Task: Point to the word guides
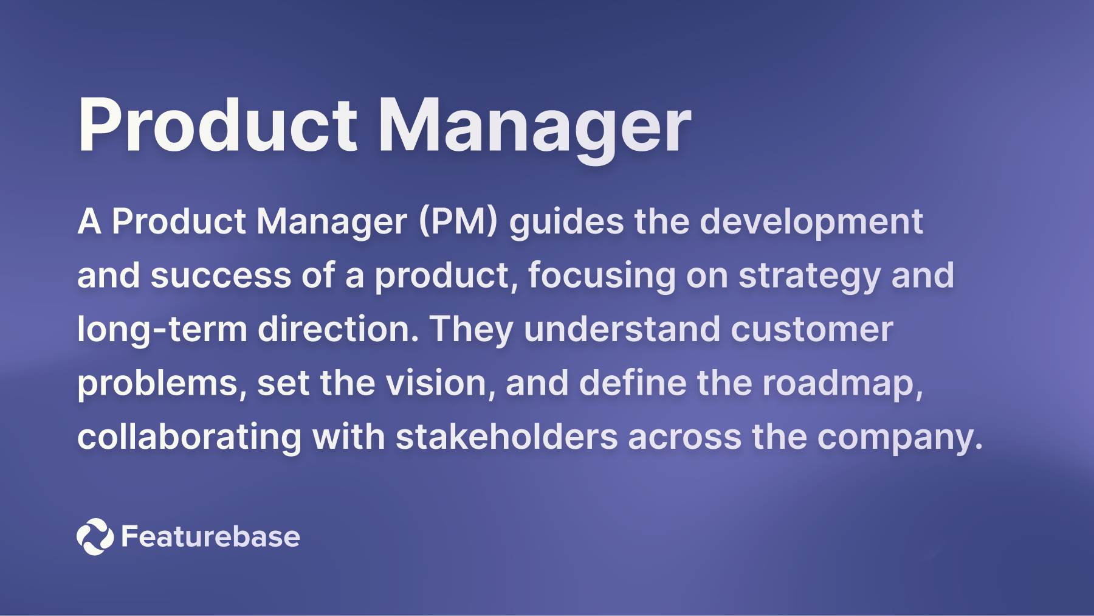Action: [566, 222]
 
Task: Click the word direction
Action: [338, 329]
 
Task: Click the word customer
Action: [812, 329]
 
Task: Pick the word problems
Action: [162, 384]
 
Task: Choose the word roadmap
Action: [842, 384]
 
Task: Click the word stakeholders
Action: [506, 437]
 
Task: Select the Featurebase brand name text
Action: [210, 536]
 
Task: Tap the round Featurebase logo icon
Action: [95, 536]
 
